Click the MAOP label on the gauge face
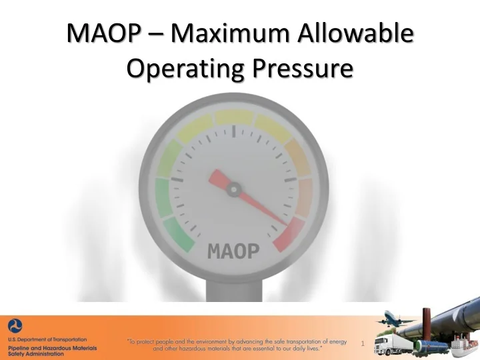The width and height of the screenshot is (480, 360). click(x=233, y=251)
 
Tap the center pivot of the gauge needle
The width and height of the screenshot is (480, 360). click(x=233, y=190)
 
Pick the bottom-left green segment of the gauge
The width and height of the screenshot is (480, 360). click(x=175, y=233)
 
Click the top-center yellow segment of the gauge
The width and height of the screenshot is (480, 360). click(x=233, y=117)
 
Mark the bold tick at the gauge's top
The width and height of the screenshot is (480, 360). click(x=233, y=132)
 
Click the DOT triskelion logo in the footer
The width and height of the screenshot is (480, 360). click(x=15, y=326)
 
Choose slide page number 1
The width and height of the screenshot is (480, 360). click(x=361, y=344)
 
